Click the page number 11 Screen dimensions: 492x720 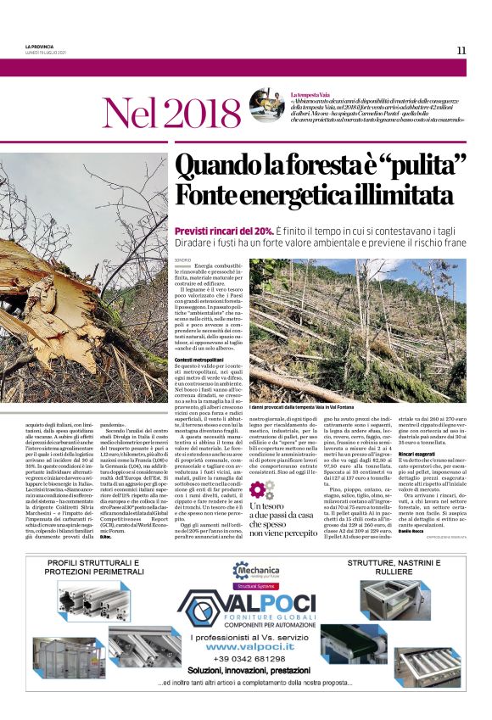(x=461, y=50)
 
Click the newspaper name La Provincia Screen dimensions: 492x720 (x=40, y=46)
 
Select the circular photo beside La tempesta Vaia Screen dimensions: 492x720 (x=267, y=104)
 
